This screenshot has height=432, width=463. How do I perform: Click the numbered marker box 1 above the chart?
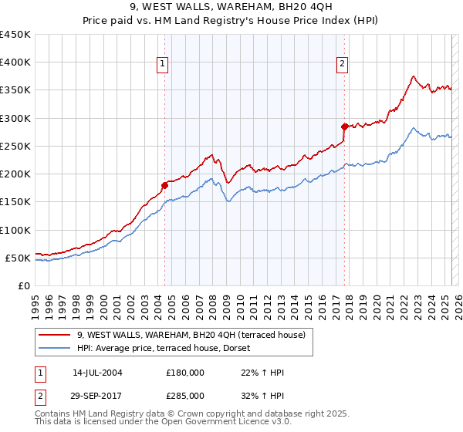tap(164, 65)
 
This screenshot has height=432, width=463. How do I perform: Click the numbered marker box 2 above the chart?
tap(342, 65)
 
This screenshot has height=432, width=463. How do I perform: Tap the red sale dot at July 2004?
tap(164, 185)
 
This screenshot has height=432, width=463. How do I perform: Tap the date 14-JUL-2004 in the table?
tap(97, 373)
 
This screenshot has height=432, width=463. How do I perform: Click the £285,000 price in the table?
tap(185, 395)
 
